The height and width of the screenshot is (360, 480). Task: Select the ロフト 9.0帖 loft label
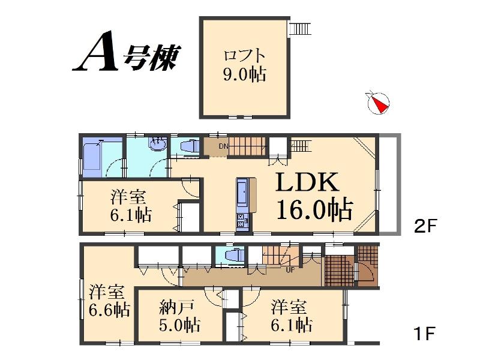244,65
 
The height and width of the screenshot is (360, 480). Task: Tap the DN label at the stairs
223,146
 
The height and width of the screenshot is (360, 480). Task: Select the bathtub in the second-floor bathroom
95,159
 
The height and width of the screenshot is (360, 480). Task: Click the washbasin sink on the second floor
158,143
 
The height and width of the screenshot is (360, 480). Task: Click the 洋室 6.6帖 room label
108,301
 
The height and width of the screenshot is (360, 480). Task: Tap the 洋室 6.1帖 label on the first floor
290,316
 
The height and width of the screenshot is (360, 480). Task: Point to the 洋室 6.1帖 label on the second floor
130,206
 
